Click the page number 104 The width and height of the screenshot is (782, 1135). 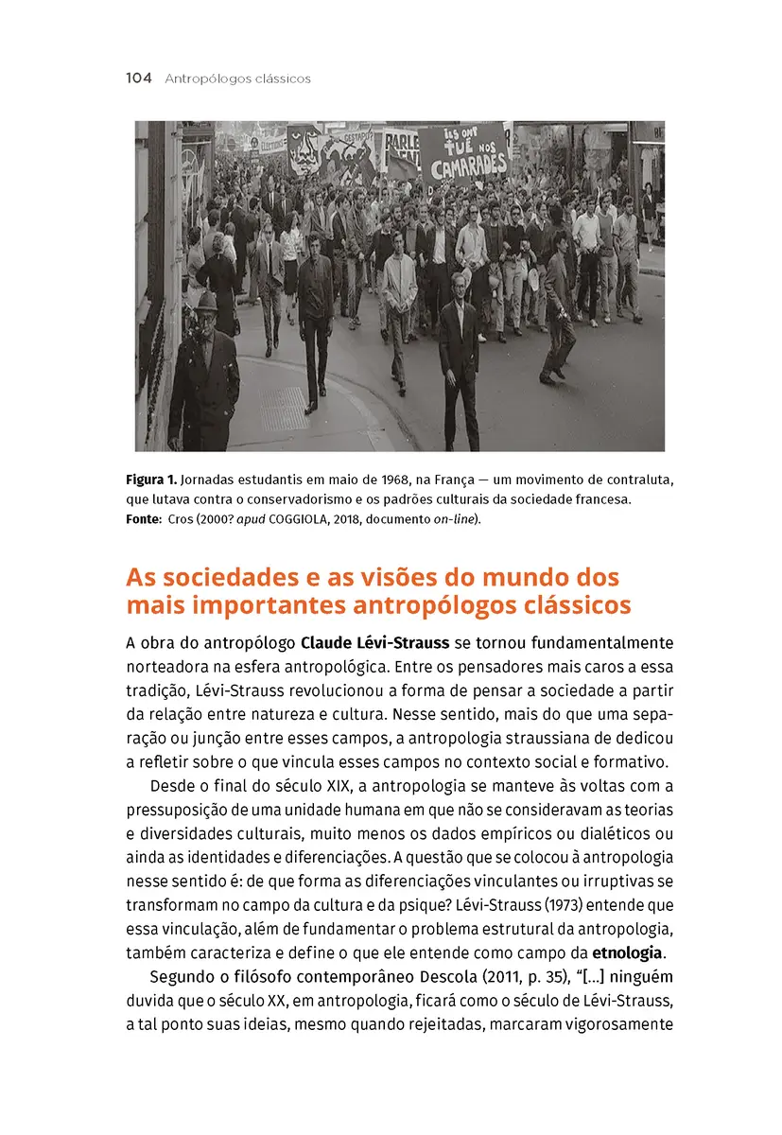pos(138,79)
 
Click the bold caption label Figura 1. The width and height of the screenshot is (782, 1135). pos(150,480)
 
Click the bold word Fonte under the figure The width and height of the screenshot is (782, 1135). pos(143,519)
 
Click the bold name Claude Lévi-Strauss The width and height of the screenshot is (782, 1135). pos(374,643)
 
